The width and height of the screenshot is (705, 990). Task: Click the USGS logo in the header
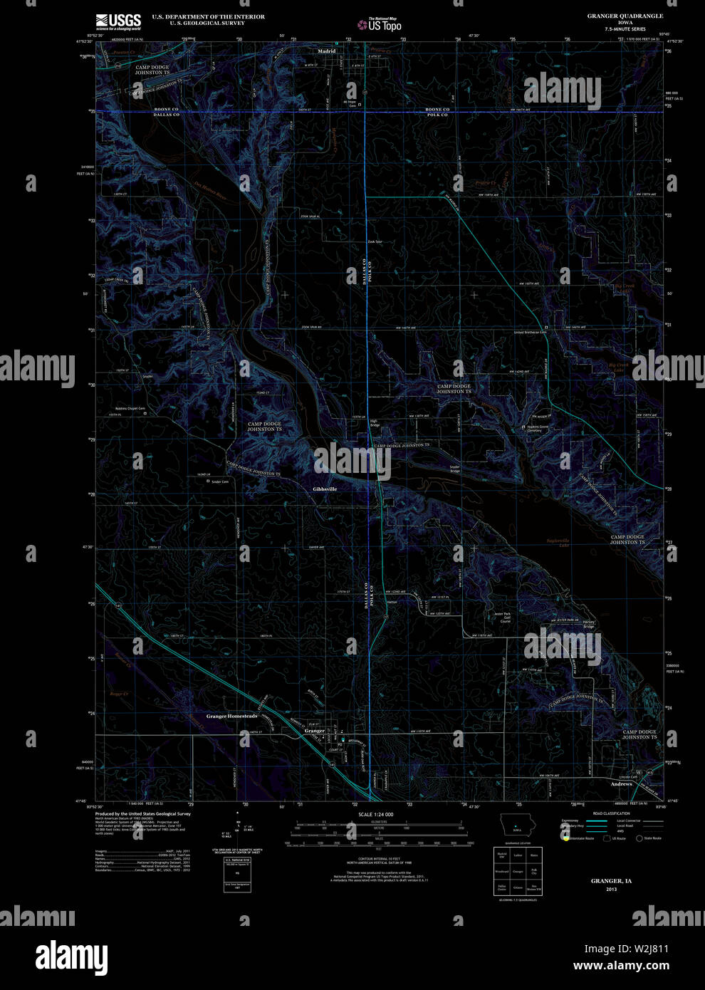point(119,20)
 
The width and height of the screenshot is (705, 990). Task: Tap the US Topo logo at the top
point(380,25)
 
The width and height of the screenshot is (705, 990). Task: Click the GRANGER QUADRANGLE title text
point(625,16)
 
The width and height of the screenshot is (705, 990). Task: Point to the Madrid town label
point(327,51)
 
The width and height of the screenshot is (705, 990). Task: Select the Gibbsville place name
point(325,489)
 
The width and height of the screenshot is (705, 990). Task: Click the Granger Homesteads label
point(231,716)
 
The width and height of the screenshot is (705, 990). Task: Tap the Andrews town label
point(621,783)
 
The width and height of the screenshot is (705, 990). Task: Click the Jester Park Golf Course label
point(505,617)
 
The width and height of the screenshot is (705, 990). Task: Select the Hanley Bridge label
point(588,624)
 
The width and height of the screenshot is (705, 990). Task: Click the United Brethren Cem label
point(530,333)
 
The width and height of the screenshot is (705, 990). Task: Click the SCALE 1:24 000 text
point(375,814)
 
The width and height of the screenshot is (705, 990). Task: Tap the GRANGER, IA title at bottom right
point(611,881)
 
